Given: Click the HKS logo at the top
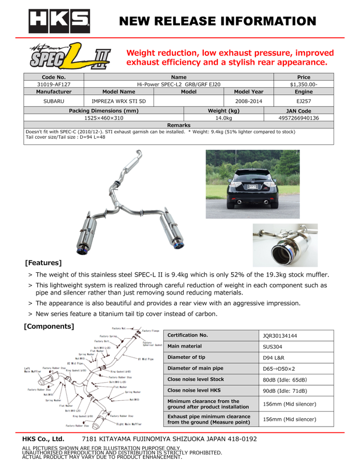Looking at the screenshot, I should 58,21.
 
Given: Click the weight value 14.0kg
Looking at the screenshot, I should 223,119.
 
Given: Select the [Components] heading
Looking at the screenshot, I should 49,326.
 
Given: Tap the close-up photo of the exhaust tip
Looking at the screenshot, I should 284,245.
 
